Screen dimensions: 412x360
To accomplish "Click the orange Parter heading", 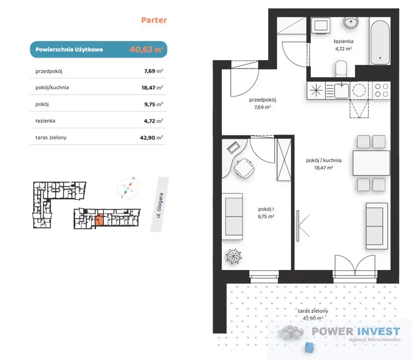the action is pos(154,20).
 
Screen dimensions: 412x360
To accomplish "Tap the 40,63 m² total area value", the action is pos(146,49).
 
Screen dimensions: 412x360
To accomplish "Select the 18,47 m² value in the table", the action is pos(152,88).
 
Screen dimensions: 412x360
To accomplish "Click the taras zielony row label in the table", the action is pos(51,137).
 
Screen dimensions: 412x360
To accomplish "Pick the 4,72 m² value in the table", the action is pos(154,121).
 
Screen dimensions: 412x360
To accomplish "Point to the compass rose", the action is pos(128,187).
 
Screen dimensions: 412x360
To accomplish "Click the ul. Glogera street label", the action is pos(160,205).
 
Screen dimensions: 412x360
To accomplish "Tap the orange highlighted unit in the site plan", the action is pos(99,220).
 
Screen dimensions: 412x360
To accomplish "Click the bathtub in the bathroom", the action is pos(380,43).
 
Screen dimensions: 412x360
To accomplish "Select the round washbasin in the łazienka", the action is pos(351,22).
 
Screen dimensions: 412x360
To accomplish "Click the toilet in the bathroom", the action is pos(341,69).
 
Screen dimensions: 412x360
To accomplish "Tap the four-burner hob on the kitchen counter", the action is pos(381,90).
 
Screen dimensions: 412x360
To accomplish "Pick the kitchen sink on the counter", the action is pos(341,90).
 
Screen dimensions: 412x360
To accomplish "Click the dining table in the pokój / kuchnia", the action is pos(371,163).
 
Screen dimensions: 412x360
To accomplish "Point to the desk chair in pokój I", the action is pos(244,168).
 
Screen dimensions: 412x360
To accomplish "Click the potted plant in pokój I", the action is pos(234,256).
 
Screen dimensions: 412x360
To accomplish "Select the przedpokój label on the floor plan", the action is pos(263,100).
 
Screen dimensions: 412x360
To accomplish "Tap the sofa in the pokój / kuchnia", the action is pos(377,226).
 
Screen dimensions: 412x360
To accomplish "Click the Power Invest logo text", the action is pos(356,331).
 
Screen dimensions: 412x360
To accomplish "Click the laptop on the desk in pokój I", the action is pos(234,148).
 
